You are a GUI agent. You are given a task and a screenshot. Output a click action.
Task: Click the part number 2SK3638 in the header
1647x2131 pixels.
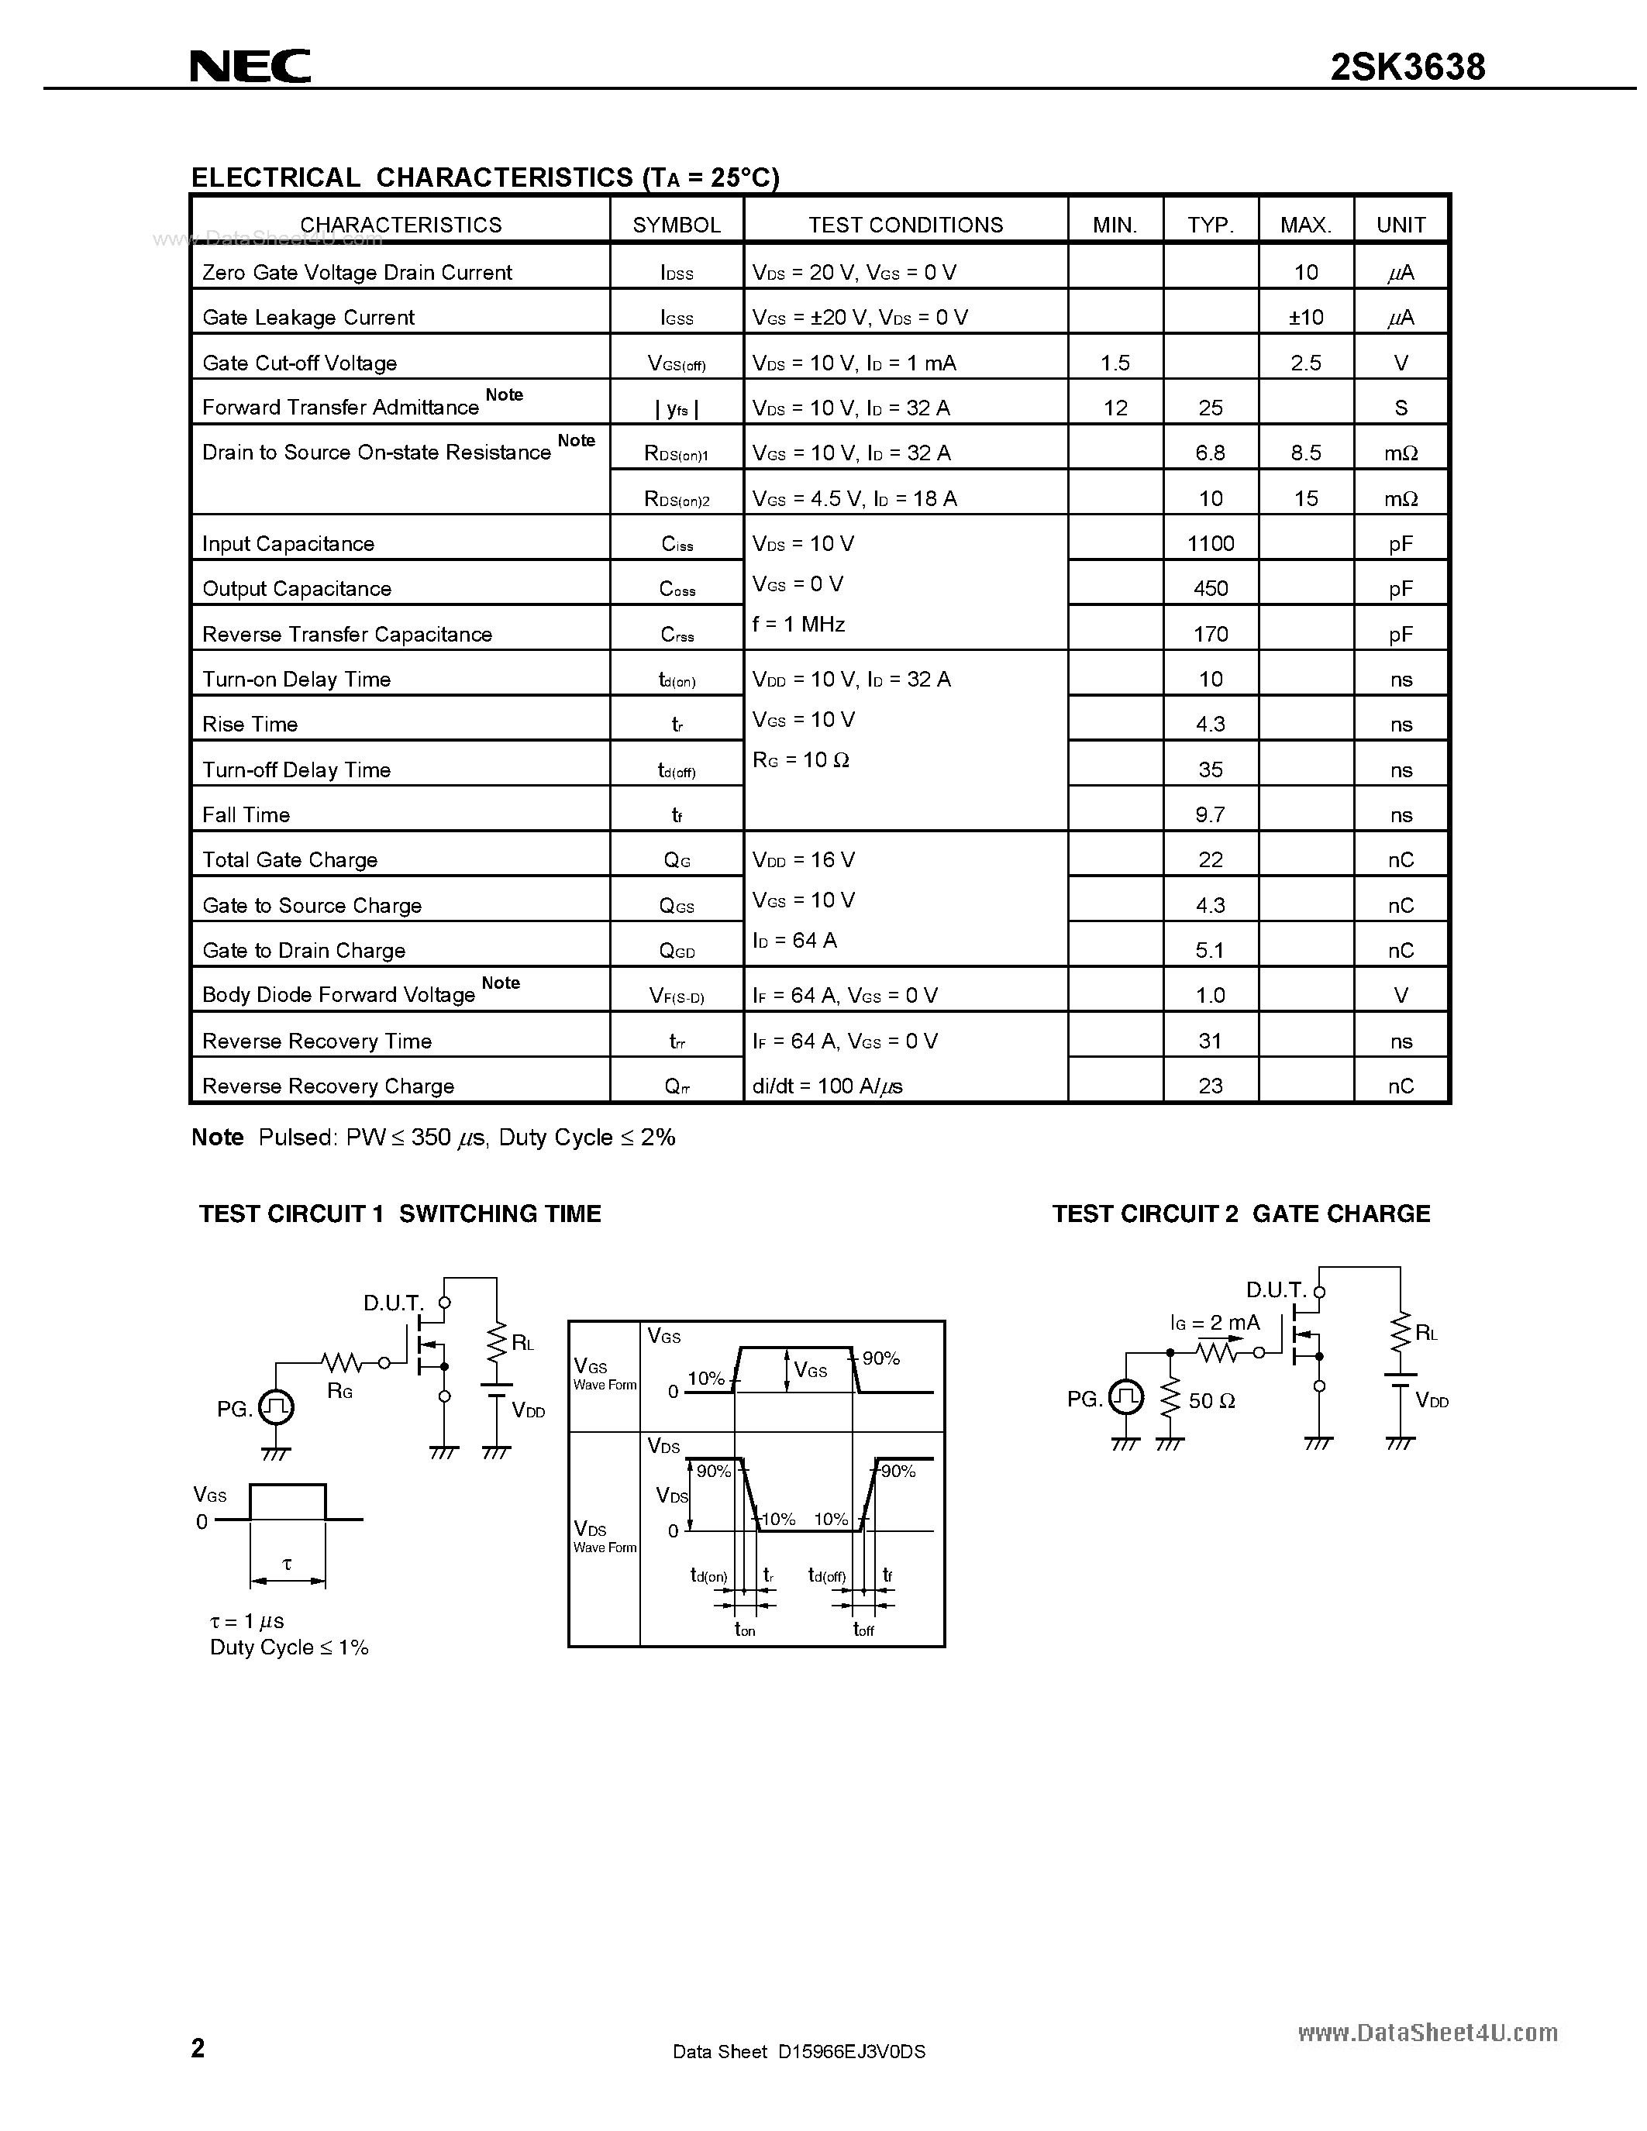coord(1407,67)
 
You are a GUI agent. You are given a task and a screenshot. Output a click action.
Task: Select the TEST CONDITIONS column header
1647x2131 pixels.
coord(904,225)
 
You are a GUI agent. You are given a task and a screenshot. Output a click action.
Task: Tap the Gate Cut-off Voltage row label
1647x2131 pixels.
coord(299,363)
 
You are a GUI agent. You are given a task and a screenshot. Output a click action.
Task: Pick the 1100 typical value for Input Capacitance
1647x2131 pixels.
coord(1210,543)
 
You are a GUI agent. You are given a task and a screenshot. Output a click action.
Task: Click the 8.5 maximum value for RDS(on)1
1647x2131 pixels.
coord(1305,453)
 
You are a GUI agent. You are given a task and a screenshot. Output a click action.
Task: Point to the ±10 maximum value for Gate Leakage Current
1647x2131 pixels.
coord(1305,317)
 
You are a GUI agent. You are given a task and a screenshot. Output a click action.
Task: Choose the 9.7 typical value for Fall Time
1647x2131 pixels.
coord(1210,814)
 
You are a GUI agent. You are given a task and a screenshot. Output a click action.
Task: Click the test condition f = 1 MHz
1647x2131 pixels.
coord(798,625)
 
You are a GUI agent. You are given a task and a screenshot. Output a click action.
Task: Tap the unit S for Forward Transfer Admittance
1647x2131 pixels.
coord(1401,408)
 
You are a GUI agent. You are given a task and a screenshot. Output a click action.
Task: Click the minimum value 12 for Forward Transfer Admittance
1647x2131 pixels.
coord(1115,408)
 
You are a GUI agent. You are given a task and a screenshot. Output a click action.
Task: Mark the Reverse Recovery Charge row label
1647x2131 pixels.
coord(328,1086)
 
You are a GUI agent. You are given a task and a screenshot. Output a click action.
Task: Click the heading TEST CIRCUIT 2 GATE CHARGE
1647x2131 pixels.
coord(1240,1214)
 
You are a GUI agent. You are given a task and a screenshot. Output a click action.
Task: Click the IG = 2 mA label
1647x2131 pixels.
coord(1215,1323)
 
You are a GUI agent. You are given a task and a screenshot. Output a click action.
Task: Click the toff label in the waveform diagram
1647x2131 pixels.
coord(863,1630)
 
